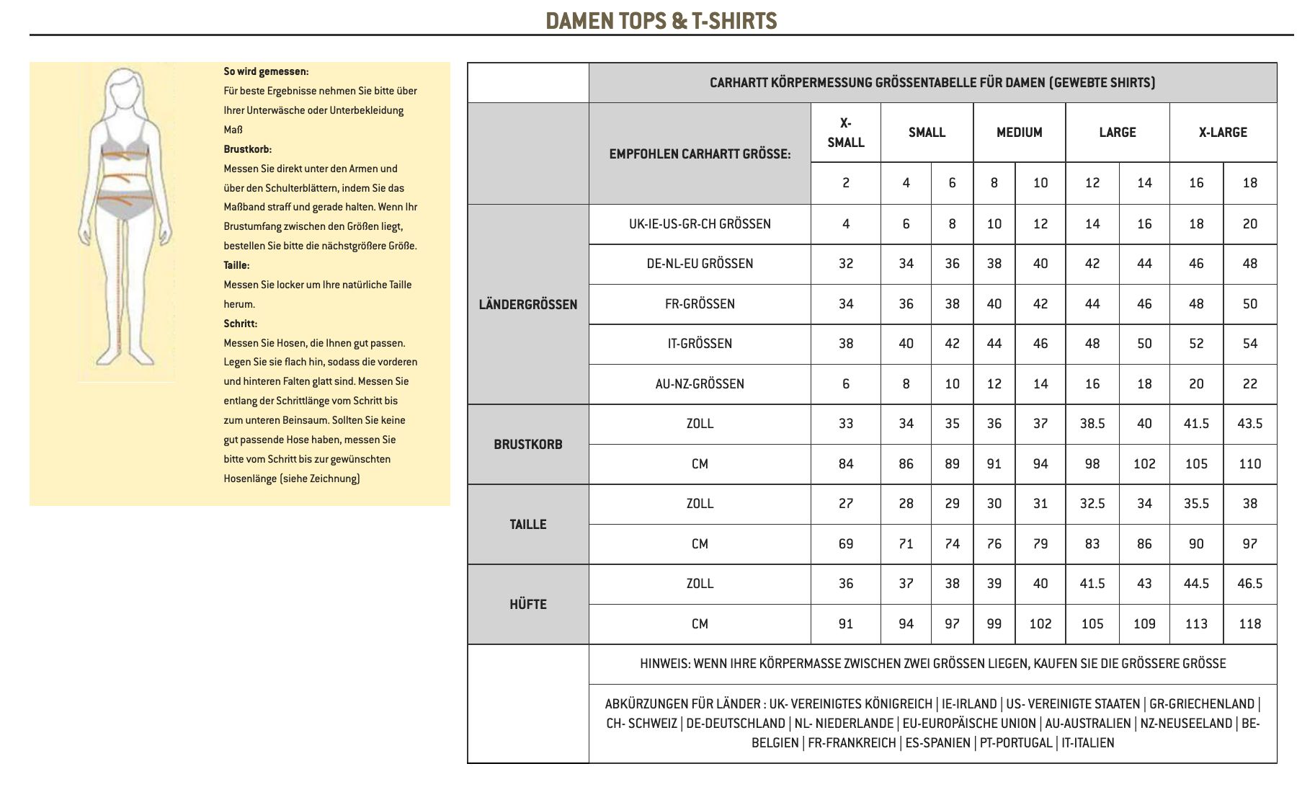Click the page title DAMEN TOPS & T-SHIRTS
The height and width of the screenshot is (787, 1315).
pyautogui.click(x=661, y=21)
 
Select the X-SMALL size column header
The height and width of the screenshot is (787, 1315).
pyautogui.click(x=845, y=133)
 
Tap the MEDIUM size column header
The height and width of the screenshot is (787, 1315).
pyautogui.click(x=1019, y=133)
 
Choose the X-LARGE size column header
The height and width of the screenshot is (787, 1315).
pyautogui.click(x=1222, y=133)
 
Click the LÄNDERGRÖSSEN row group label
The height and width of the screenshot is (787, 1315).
pyautogui.click(x=527, y=304)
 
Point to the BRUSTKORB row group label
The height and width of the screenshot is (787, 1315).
pyautogui.click(x=527, y=444)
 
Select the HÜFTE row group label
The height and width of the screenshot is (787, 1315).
pyautogui.click(x=527, y=604)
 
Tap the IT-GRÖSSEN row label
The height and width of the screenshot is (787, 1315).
pyautogui.click(x=699, y=344)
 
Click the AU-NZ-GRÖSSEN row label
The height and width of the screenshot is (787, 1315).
pyautogui.click(x=699, y=384)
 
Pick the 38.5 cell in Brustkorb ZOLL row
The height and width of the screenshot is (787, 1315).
pyautogui.click(x=1092, y=424)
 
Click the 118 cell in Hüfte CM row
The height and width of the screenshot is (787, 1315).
pyautogui.click(x=1249, y=624)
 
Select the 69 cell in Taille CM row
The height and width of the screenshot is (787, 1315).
pyautogui.click(x=845, y=544)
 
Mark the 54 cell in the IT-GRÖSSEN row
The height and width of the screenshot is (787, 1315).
pyautogui.click(x=1249, y=344)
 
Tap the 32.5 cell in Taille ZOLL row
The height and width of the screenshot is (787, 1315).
pyautogui.click(x=1092, y=504)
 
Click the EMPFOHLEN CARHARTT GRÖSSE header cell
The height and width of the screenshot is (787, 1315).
pyautogui.click(x=699, y=154)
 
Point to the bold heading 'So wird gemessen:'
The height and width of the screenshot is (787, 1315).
pyautogui.click(x=266, y=71)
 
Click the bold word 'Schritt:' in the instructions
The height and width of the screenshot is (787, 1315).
pyautogui.click(x=240, y=324)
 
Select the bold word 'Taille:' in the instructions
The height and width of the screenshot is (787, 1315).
pyautogui.click(x=236, y=265)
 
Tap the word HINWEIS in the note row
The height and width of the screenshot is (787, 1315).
pyautogui.click(x=664, y=664)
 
